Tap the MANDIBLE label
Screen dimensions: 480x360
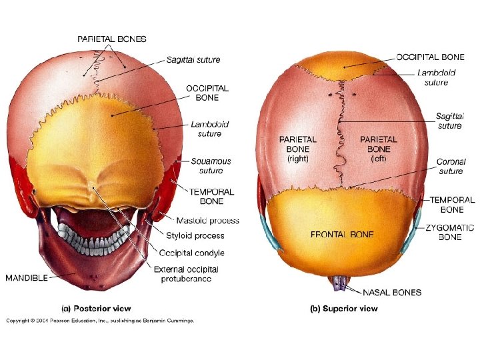[x=27, y=277]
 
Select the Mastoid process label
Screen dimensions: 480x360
[x=207, y=221]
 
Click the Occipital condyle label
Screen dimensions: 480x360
[x=191, y=253]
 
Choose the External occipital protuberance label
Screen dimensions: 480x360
[x=189, y=274]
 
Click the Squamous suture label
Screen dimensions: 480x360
[x=211, y=166]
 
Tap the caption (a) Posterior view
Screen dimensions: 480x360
[x=96, y=309]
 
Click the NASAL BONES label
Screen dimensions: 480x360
[x=392, y=292]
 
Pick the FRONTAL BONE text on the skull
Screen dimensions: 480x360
[x=342, y=235]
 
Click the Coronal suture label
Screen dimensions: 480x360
[x=451, y=166]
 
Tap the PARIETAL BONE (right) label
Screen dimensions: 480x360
[x=297, y=149]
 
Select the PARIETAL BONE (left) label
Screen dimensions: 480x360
[x=378, y=149]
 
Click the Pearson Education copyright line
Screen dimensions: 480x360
[x=100, y=321]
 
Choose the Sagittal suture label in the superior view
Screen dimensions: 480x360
[x=449, y=121]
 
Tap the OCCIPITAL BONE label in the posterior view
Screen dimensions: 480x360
[x=207, y=93]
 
